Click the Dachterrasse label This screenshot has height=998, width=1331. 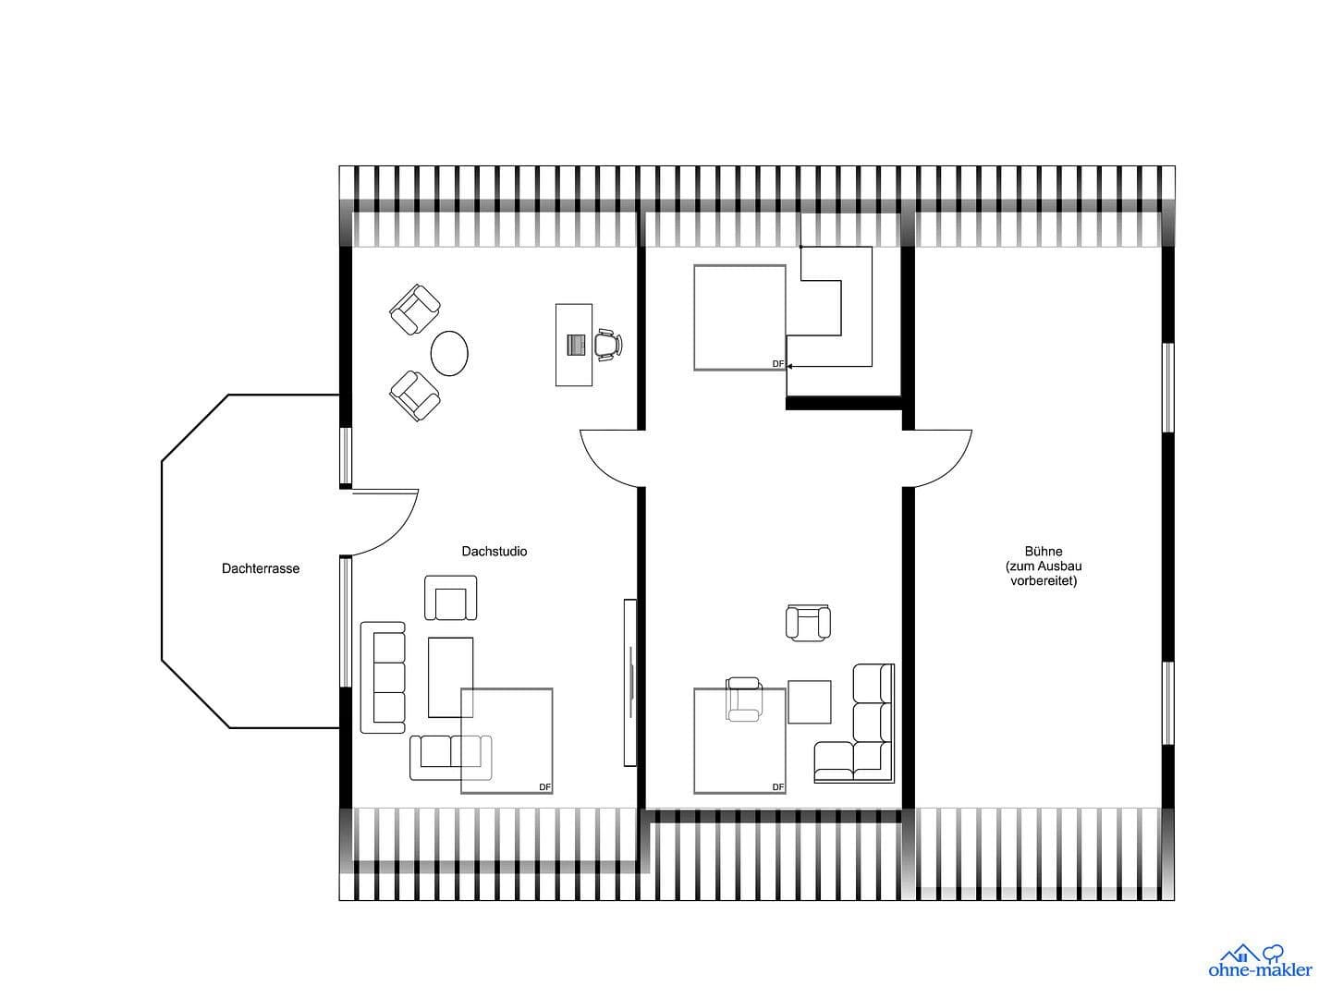coord(261,568)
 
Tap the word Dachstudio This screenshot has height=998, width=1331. coord(495,551)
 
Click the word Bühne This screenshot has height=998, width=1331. coord(1044,551)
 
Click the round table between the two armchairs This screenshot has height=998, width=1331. coord(449,353)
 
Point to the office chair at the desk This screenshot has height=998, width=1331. coord(606,343)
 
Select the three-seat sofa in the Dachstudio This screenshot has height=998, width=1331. coord(383,677)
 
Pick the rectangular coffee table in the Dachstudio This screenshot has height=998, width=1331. coord(450,677)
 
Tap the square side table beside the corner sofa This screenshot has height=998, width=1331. coord(809,701)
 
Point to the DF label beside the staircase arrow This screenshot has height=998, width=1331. coord(778,364)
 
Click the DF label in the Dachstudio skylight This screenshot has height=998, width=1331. coord(545,787)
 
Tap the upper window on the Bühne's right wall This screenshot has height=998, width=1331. coord(1167,387)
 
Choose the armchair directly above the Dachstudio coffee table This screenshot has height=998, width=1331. coord(451,598)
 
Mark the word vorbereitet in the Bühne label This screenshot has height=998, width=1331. coord(1044,581)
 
